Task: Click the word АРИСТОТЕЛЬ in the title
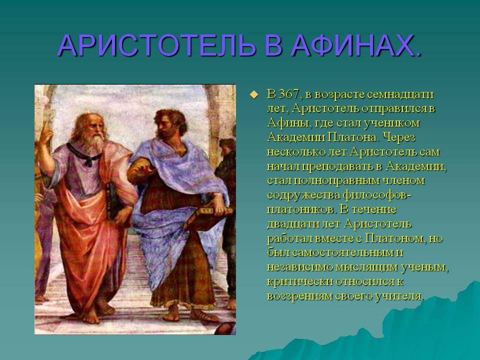tap(156, 45)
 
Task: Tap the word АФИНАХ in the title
tap(351, 45)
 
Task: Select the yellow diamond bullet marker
tap(253, 94)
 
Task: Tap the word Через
tap(399, 137)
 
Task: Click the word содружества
tap(303, 195)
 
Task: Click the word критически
tap(300, 281)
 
